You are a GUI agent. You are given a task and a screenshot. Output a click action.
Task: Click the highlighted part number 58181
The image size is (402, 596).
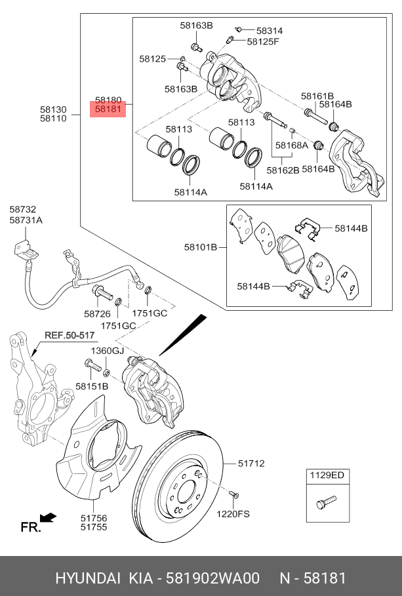click(x=108, y=109)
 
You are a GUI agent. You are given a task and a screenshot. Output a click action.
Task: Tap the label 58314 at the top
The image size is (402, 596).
click(x=269, y=31)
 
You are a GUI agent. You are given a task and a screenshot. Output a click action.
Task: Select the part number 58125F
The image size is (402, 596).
click(x=263, y=42)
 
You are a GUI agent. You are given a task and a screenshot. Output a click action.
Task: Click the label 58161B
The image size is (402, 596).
click(x=317, y=96)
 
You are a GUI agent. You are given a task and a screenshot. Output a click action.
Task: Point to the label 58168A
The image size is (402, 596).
click(x=291, y=146)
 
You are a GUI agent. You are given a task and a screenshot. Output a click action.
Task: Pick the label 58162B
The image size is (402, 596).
click(x=283, y=170)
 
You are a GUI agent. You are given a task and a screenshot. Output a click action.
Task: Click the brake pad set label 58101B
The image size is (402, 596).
click(x=200, y=248)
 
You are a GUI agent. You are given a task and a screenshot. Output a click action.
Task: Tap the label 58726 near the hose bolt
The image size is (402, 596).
click(x=97, y=315)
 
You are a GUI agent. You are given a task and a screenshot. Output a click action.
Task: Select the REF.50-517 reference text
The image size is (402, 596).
click(x=70, y=335)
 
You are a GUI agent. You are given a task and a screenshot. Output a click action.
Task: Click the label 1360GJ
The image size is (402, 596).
click(x=107, y=351)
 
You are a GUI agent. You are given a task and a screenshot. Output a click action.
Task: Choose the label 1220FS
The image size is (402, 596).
click(x=233, y=514)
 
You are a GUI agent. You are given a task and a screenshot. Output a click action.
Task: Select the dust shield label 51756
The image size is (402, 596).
click(x=94, y=518)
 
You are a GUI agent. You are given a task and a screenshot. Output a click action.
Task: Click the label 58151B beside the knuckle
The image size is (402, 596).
click(x=92, y=386)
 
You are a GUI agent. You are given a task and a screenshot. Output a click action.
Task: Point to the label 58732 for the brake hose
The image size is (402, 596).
click(x=23, y=210)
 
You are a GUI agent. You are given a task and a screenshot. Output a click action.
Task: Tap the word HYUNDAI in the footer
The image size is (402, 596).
click(x=87, y=578)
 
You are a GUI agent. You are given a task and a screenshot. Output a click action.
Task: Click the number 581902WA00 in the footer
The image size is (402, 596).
click(x=212, y=578)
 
